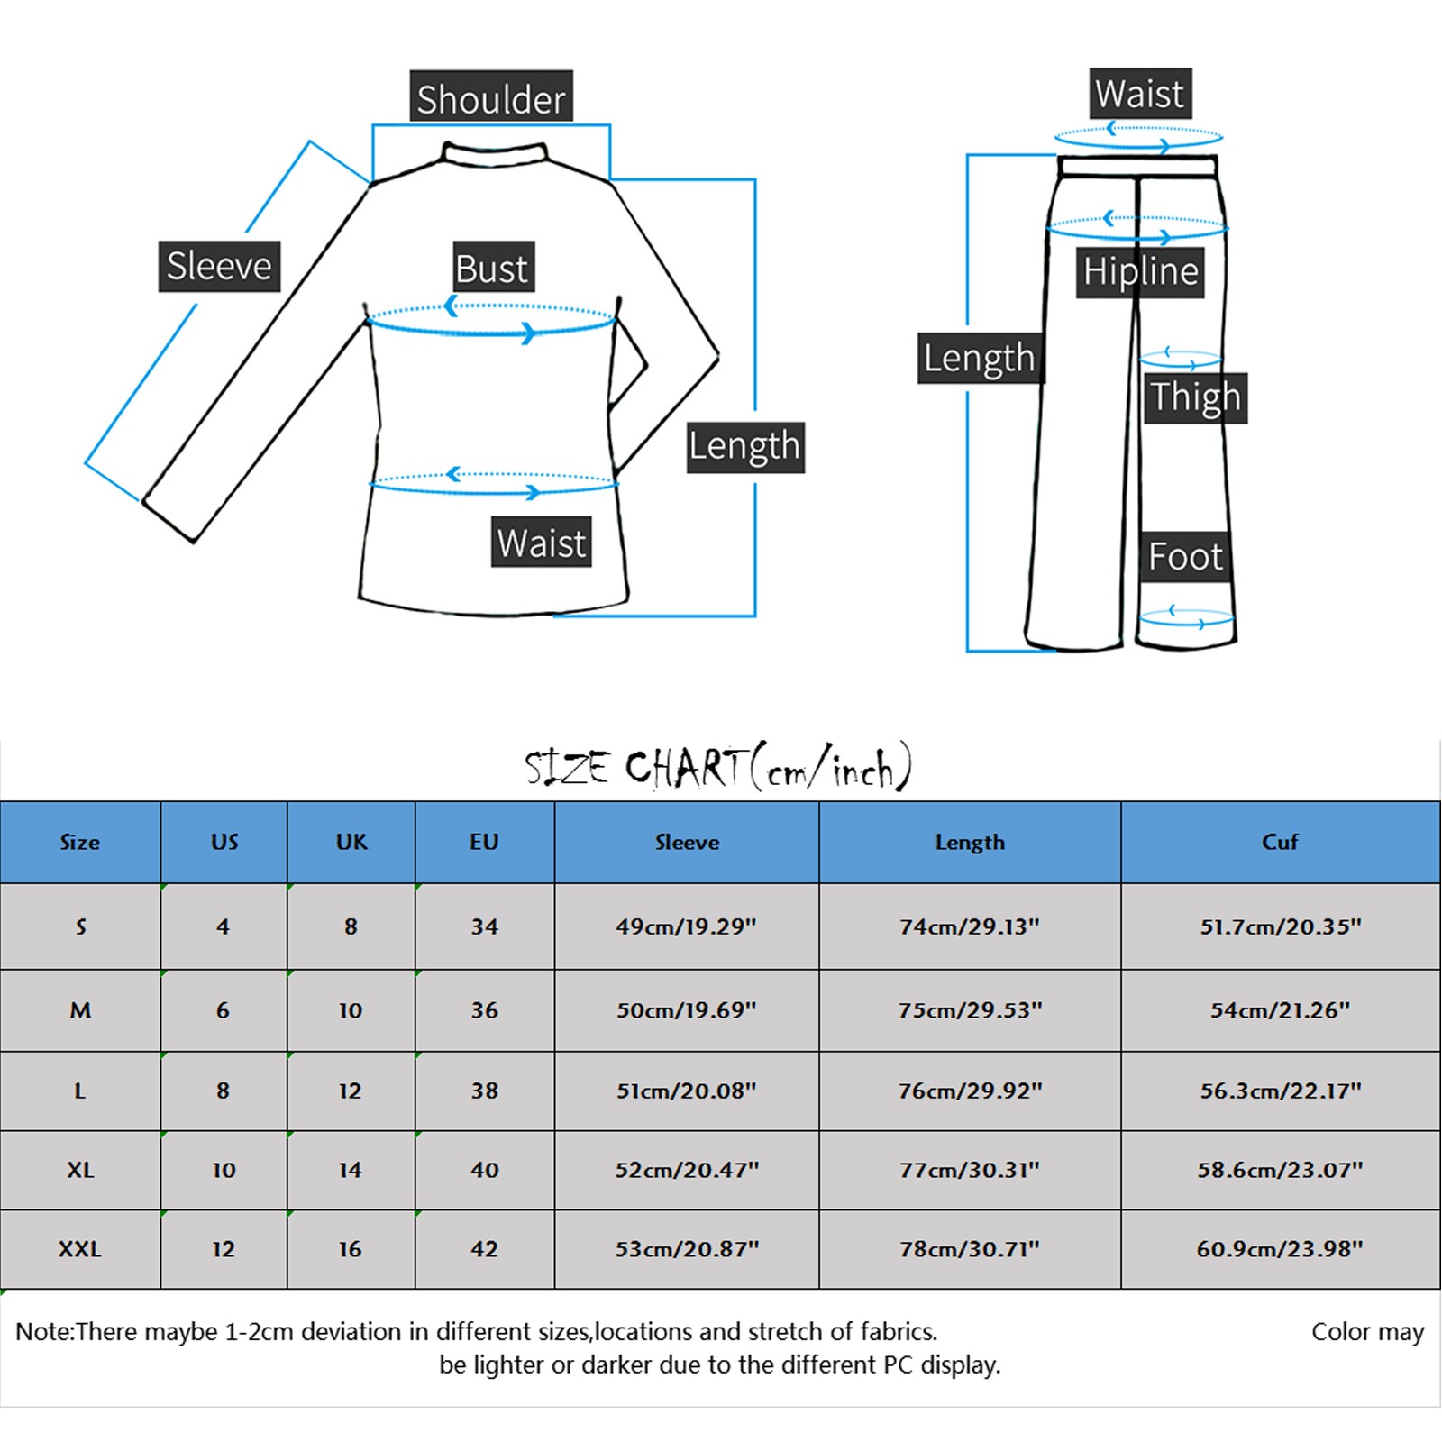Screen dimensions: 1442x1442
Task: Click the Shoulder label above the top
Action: pos(491,97)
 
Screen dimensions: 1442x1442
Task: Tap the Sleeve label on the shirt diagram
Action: pos(219,266)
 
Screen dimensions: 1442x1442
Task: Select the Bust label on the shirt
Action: pos(492,268)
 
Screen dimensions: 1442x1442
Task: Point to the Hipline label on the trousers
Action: pos(1140,271)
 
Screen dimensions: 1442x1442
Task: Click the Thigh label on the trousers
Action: pos(1195,397)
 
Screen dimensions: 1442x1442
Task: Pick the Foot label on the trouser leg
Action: pos(1185,556)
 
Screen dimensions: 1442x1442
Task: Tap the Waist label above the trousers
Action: pos(1139,94)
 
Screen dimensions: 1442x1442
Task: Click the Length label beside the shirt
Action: pos(744,446)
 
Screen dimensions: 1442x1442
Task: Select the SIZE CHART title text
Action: pos(718,768)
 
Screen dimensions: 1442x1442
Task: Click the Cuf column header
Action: pos(1280,842)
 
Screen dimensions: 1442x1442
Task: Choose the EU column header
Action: pos(484,842)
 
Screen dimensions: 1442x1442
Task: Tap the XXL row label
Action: pos(80,1249)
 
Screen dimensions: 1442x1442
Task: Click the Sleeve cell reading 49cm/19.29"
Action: pos(686,926)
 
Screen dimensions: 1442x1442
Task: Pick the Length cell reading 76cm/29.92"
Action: pos(970,1091)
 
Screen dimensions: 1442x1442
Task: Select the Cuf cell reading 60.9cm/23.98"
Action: pos(1280,1249)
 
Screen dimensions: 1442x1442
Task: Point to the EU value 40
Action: pos(484,1170)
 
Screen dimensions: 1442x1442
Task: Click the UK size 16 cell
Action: pos(351,1249)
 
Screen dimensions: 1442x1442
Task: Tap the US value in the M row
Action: pos(223,1010)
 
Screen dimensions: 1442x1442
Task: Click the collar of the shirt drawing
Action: pos(494,153)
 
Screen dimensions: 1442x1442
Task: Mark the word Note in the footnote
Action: pos(43,1332)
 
